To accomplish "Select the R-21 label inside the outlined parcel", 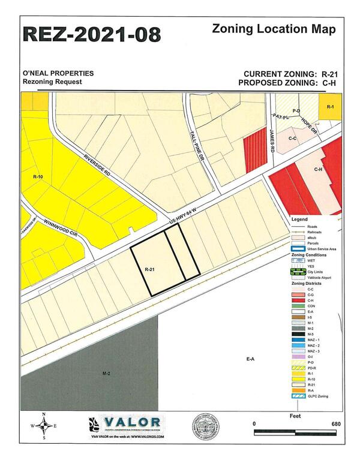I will tap(150, 270).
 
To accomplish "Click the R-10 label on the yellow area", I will tap(37, 178).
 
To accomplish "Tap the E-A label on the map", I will tap(250, 358).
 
